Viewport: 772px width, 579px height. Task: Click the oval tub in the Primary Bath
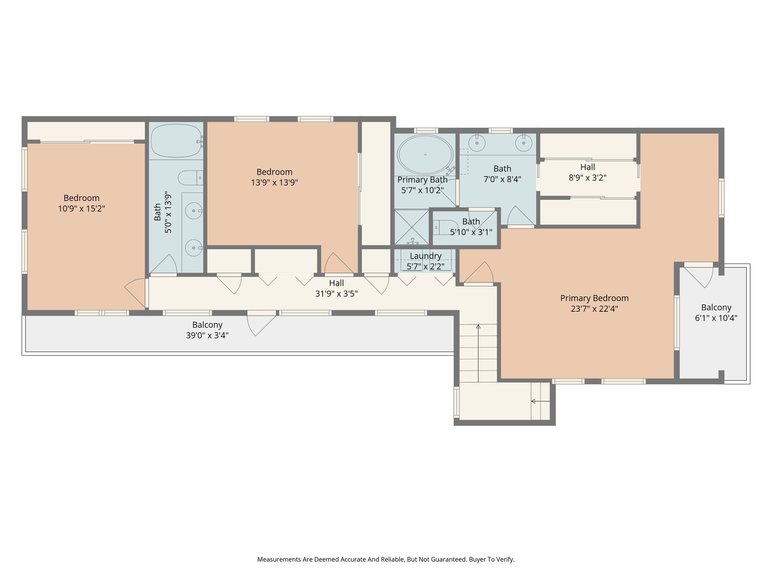[x=425, y=155]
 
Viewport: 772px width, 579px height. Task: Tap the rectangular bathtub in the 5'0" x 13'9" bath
[x=176, y=141]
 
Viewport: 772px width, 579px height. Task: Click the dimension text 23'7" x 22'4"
[x=594, y=309]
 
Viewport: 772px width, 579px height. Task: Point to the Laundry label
[x=426, y=256]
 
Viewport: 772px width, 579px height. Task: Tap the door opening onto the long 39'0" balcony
[x=261, y=324]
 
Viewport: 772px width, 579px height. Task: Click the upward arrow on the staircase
[x=478, y=327]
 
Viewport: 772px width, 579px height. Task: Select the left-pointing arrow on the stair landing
[x=533, y=401]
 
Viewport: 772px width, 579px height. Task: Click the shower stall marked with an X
[x=412, y=227]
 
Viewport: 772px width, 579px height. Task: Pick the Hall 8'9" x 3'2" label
[x=587, y=167]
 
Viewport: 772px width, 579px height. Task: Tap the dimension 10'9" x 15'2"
[x=81, y=208]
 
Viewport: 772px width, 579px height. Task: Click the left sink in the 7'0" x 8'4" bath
[x=477, y=143]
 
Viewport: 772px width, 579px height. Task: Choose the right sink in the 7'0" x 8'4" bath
[x=524, y=143]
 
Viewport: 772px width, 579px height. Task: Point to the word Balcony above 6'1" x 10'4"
[x=716, y=307]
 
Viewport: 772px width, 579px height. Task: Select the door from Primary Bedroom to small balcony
[x=698, y=277]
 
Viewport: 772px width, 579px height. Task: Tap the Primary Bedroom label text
[x=594, y=298]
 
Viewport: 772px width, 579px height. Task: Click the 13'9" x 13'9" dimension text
[x=274, y=183]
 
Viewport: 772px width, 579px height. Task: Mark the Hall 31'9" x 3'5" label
[x=336, y=283]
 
